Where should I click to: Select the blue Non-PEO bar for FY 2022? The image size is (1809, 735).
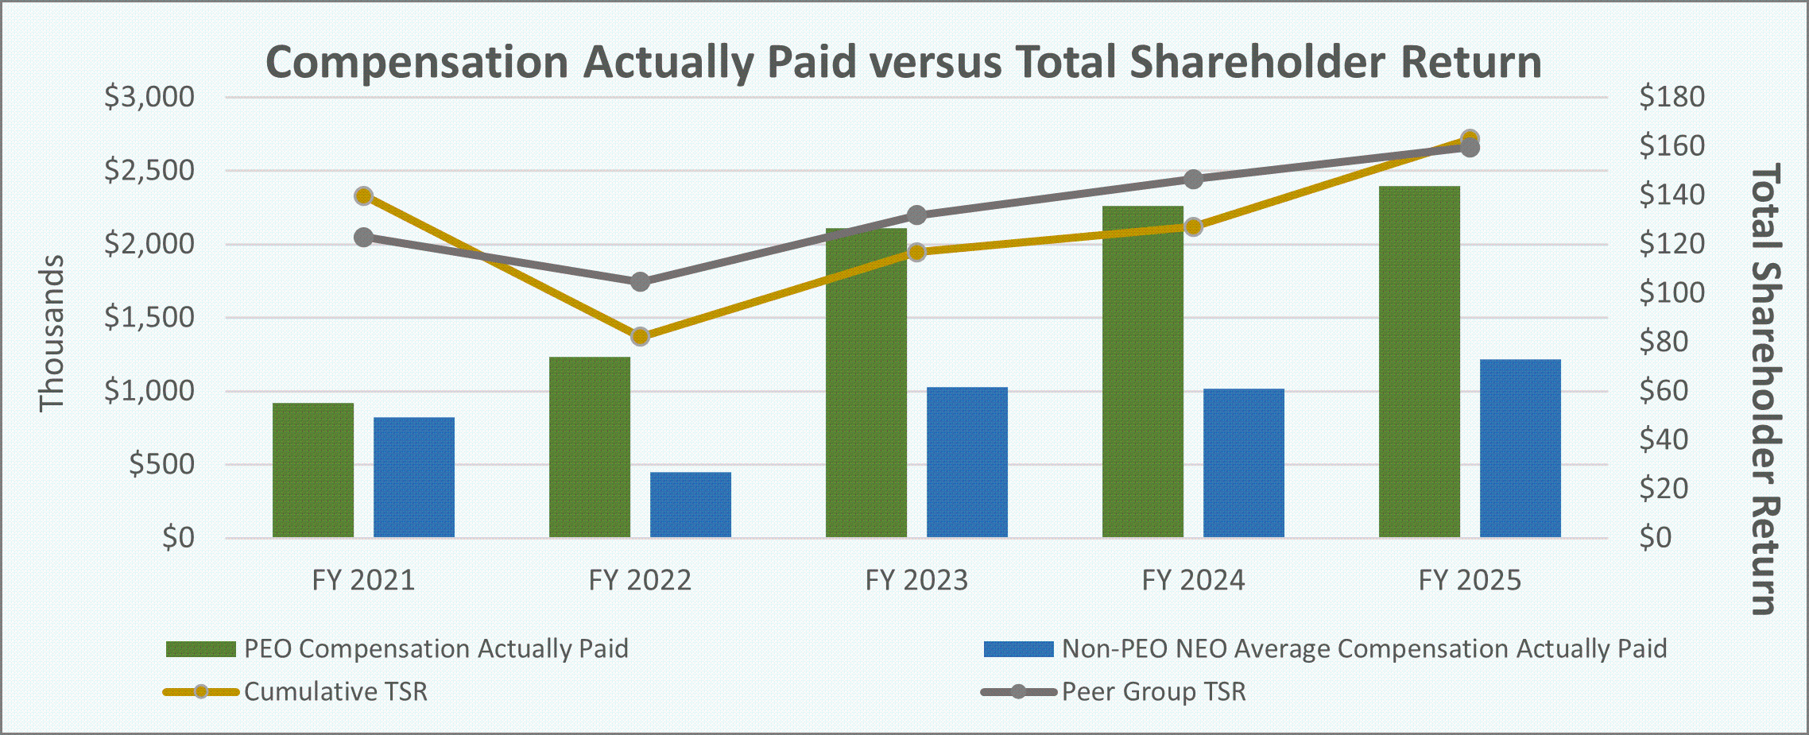coord(691,505)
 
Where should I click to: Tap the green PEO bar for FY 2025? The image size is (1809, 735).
coord(1420,362)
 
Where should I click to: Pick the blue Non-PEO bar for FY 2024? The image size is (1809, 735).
coord(1244,462)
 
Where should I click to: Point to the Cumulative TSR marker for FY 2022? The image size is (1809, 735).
coord(641,336)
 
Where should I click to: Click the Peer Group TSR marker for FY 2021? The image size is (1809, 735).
coord(364,238)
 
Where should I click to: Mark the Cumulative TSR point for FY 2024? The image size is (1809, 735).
coord(1193,227)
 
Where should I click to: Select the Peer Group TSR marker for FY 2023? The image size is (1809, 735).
coord(916,215)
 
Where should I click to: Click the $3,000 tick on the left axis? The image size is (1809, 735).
coord(149,97)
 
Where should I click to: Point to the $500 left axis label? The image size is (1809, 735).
coord(162,464)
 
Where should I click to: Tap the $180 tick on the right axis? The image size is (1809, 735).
coord(1671,97)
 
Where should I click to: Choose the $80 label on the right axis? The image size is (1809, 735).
coord(1664,342)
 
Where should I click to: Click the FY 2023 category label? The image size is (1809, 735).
coord(916,580)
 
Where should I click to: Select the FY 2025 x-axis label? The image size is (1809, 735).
coord(1470,580)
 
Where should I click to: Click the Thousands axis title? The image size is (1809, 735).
coord(52,333)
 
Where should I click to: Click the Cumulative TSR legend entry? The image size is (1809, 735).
coord(335,691)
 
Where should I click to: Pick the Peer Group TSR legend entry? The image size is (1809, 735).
coord(1153,691)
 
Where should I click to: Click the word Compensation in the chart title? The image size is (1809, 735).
coord(416,62)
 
